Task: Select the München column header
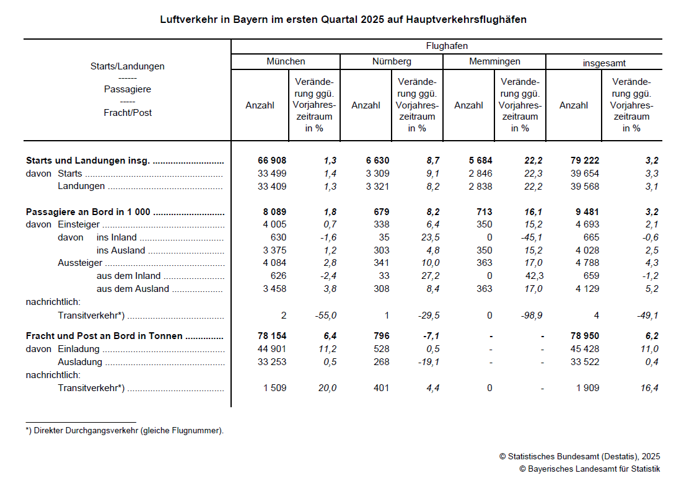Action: tap(286, 61)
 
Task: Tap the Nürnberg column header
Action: tap(392, 61)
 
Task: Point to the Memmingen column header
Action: tap(494, 61)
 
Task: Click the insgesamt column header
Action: tap(604, 63)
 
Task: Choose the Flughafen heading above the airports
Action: tap(447, 46)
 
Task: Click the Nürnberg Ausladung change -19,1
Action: tap(427, 362)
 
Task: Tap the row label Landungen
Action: tap(81, 187)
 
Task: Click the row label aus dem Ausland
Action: tap(133, 289)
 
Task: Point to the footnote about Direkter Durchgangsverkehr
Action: tap(125, 431)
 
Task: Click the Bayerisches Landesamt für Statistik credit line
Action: tap(589, 469)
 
